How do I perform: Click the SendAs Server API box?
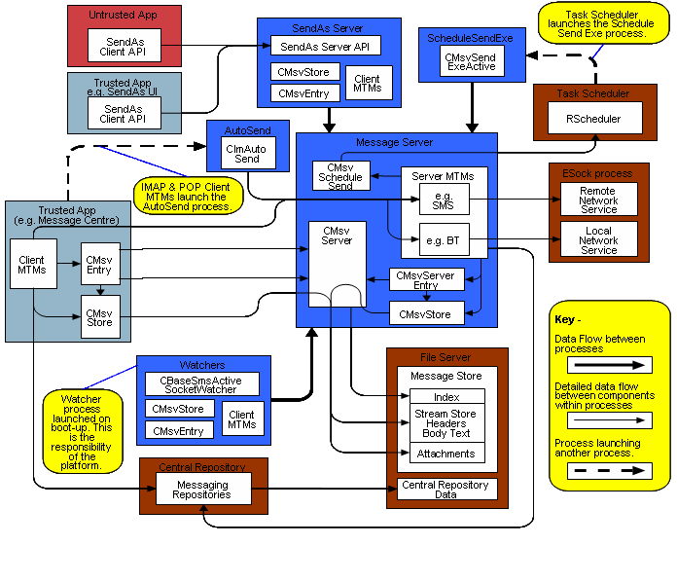(x=324, y=46)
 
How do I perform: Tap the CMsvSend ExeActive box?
(x=470, y=63)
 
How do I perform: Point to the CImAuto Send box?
(x=247, y=152)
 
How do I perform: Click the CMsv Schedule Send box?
(x=340, y=176)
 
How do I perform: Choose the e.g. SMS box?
(x=443, y=200)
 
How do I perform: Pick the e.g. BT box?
(x=443, y=239)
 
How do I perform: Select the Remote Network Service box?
(x=598, y=200)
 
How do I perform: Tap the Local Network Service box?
(x=598, y=239)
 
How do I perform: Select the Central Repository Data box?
(x=446, y=488)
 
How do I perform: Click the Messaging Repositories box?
(x=202, y=489)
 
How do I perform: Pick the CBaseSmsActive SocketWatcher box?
(x=203, y=383)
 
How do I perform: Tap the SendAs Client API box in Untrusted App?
(x=125, y=45)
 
